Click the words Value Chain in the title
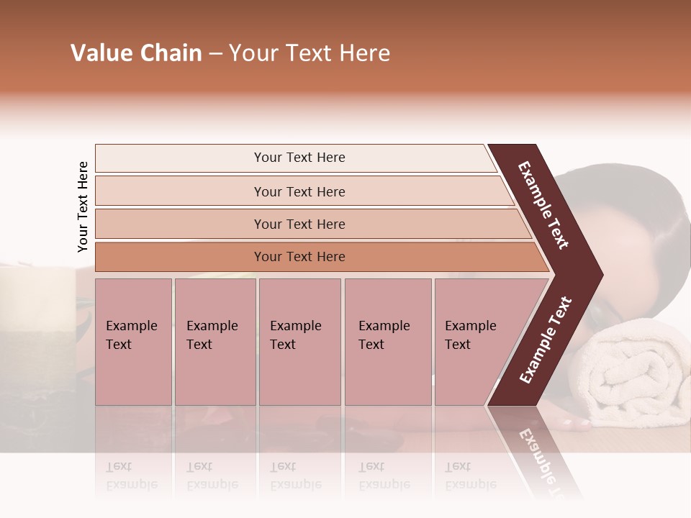coord(136,53)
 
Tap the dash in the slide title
coord(214,54)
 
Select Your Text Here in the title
coord(310,53)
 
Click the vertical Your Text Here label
coord(83,207)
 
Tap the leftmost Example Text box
coord(133,342)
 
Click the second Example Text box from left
coord(214,342)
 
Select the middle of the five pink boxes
coord(299,342)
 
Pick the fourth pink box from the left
coord(387,342)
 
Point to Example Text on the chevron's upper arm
coord(543,205)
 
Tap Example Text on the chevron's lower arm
coord(546,340)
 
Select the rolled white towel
coord(633,374)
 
